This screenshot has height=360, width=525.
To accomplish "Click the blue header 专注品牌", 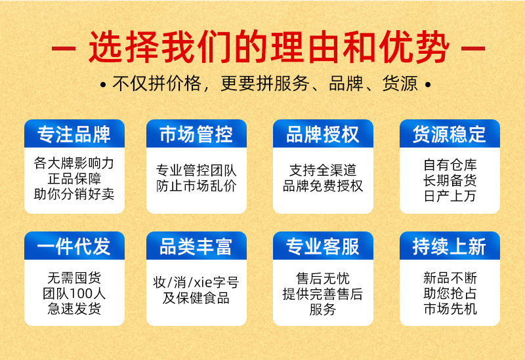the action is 74,134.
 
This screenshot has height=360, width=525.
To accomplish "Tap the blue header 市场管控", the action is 196,134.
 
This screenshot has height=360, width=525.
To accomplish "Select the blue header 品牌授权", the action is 323,134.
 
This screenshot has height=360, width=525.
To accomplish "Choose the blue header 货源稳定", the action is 450,134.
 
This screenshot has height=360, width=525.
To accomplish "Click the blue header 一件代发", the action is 74,246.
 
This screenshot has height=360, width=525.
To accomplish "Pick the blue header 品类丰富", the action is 196,246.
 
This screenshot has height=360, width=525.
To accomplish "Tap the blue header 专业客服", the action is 323,246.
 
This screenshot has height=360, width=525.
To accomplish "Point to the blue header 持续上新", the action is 450,246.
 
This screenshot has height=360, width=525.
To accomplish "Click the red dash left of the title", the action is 63,49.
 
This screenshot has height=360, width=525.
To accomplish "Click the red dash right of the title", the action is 473,49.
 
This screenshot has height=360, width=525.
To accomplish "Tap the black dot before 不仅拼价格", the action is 103,85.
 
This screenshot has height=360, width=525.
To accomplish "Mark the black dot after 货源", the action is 428,85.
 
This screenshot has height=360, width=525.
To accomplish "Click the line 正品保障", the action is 74,178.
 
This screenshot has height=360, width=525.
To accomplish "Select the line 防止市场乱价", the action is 196,186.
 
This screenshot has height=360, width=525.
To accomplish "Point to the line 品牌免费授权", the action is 323,186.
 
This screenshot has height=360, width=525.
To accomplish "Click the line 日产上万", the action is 450,196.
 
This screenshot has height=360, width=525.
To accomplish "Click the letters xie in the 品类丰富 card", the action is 203,283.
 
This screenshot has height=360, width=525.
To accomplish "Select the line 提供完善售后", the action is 323,294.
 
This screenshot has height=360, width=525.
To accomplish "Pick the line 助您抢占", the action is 450,293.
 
